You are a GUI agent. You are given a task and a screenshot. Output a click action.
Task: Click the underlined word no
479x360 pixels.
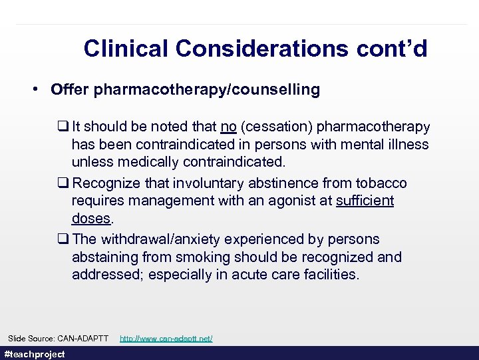point(228,127)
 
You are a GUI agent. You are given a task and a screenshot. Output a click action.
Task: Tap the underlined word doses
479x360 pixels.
point(91,219)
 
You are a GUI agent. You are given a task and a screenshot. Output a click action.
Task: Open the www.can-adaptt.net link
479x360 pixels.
point(166,339)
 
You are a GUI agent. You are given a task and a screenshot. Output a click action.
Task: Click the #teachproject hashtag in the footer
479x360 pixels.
point(35,354)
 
